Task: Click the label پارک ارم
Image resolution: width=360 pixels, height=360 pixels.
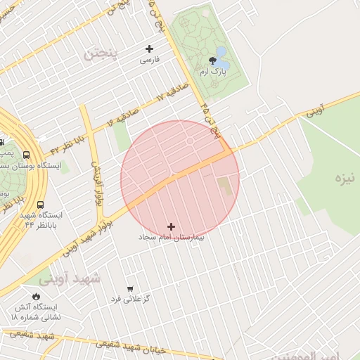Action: [x=213, y=72]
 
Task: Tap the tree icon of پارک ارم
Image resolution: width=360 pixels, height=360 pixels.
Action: [x=213, y=60]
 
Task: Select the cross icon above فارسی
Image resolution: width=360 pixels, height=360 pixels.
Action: [x=149, y=49]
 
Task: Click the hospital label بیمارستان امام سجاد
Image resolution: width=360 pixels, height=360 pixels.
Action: [x=172, y=238]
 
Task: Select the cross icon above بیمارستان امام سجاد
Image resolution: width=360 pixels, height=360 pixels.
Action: [x=172, y=226]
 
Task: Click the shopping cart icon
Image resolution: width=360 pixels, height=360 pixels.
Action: [x=130, y=288]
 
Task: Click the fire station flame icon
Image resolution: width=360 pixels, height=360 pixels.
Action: [x=37, y=295]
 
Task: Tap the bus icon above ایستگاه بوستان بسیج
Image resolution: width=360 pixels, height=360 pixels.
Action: [x=26, y=155]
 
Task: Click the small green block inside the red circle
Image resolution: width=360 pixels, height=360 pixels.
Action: [x=224, y=186]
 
